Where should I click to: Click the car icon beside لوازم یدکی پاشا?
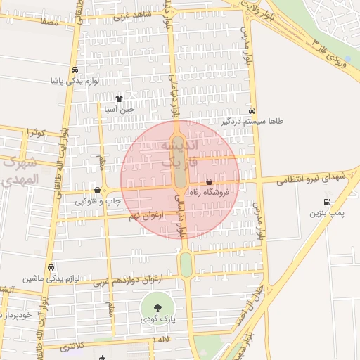(x=75, y=70)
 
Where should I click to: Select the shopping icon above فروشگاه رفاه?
(x=209, y=182)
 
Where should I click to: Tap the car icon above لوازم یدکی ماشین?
(x=51, y=268)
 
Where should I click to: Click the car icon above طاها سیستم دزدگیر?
(x=252, y=111)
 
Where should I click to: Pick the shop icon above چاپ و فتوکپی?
(x=97, y=191)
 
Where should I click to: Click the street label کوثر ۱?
(x=34, y=132)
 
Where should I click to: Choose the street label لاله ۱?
(x=162, y=340)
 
